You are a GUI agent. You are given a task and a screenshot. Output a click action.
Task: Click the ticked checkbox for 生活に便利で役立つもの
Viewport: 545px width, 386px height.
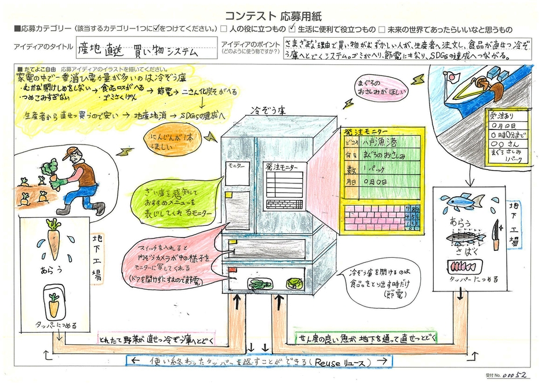pyautogui.click(x=293, y=28)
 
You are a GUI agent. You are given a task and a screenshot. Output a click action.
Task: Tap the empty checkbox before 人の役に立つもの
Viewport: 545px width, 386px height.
pyautogui.click(x=224, y=28)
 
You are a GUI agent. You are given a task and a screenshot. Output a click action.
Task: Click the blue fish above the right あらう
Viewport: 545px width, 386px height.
pyautogui.click(x=462, y=201)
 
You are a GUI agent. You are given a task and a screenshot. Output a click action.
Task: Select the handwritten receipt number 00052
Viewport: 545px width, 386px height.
pyautogui.click(x=517, y=376)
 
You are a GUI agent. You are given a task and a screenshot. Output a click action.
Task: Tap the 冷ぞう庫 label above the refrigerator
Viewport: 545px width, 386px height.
pyautogui.click(x=264, y=110)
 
